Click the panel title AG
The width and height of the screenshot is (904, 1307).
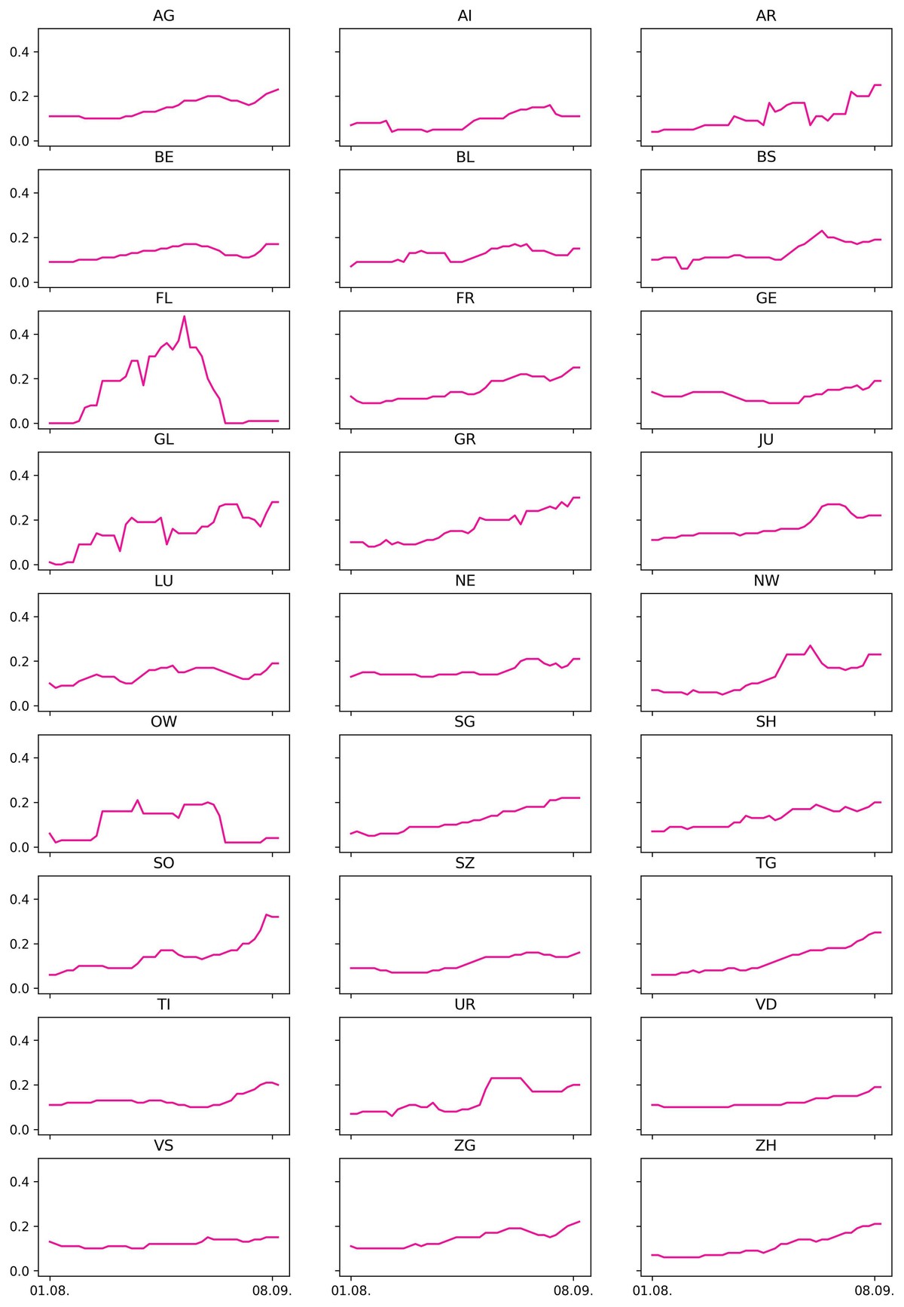pos(163,16)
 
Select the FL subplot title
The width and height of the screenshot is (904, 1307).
pos(163,298)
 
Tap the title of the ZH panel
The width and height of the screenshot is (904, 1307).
pos(766,1146)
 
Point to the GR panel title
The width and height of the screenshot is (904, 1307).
pos(465,439)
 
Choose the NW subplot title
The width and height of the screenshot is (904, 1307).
pos(766,581)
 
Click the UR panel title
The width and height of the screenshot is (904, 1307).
pos(465,1005)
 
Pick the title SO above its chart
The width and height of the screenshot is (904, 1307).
pos(163,863)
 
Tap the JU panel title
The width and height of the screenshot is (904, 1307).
pos(766,439)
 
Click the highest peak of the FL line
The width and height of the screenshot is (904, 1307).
pos(185,317)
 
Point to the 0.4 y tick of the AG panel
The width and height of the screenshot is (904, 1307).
pos(20,52)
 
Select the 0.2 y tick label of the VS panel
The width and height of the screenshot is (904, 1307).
pos(20,1227)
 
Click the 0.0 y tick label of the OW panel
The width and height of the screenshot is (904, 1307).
pos(20,848)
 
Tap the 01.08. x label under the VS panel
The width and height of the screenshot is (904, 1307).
pos(50,1291)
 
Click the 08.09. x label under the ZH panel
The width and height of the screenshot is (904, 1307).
pos(875,1291)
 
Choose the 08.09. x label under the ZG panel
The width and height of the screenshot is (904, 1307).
pos(573,1291)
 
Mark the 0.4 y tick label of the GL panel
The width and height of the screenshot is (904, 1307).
pos(20,476)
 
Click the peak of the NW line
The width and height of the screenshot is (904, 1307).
pos(810,646)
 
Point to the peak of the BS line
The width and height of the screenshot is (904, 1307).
pos(822,231)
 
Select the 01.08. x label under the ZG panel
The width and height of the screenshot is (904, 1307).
pos(351,1291)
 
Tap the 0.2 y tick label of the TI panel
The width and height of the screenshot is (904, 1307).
pos(20,1085)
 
